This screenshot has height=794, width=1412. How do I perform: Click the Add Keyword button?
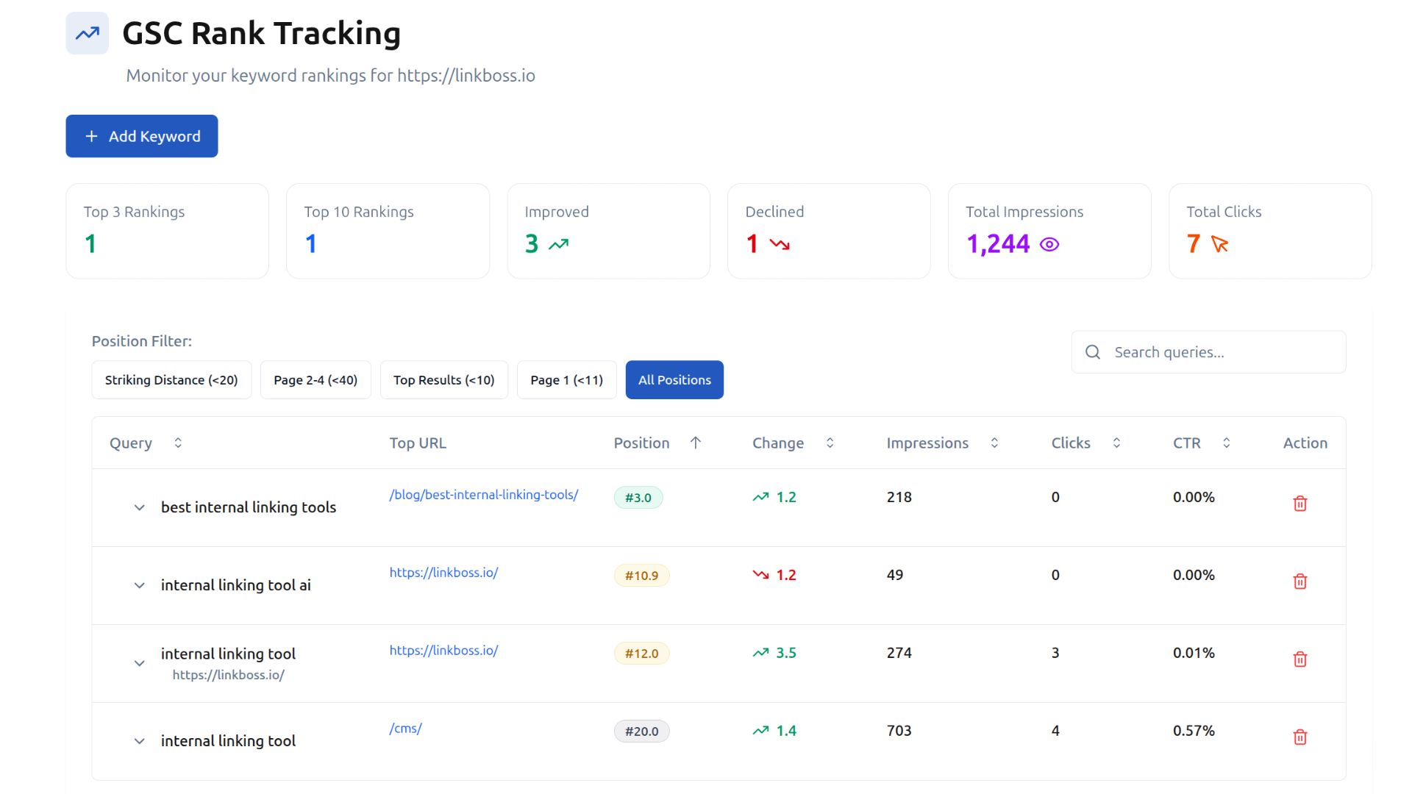142,136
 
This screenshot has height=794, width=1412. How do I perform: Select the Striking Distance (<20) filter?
171,380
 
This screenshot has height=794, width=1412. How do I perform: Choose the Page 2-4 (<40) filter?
315,380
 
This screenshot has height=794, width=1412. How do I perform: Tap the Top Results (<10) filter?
443,380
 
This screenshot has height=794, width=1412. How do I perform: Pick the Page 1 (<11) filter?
566,380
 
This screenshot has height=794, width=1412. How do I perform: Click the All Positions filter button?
674,380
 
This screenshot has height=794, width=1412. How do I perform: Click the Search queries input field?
1221,352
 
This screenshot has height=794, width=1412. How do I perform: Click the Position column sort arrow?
696,443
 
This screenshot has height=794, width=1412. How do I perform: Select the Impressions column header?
927,443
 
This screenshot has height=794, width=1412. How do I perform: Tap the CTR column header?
1186,443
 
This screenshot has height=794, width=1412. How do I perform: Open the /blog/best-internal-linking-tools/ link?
484,495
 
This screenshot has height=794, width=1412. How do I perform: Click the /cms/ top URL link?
406,729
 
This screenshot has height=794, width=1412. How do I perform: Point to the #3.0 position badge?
638,498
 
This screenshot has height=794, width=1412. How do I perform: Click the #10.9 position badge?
641,576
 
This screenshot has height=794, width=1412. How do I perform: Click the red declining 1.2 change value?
785,575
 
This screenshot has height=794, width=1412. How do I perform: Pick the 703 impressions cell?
899,731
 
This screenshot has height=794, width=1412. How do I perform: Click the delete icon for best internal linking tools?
1299,504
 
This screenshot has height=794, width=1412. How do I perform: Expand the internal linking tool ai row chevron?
139,585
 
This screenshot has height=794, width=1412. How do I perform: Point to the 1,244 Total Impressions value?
998,244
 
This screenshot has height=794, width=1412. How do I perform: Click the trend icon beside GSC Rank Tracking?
88,33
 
